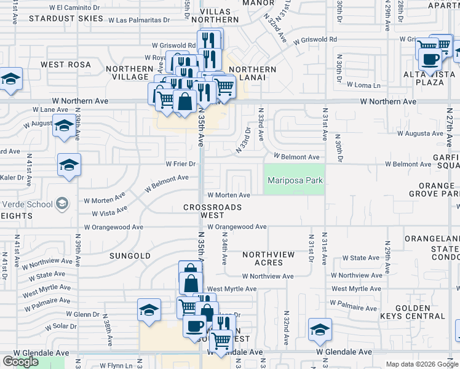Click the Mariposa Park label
tap(295, 180)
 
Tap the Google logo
tap(20, 361)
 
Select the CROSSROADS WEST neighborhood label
tap(212, 211)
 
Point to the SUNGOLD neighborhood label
tap(130, 255)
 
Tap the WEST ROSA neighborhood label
tap(66, 65)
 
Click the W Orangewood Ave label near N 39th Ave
tap(113, 227)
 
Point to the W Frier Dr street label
tap(181, 164)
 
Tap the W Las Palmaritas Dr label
tap(138, 20)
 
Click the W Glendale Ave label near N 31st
tap(344, 352)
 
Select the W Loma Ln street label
tap(364, 85)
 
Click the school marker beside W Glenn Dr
tap(149, 311)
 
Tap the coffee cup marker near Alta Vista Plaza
tap(430, 60)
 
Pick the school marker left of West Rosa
tap(10, 81)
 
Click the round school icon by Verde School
tap(62, 203)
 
